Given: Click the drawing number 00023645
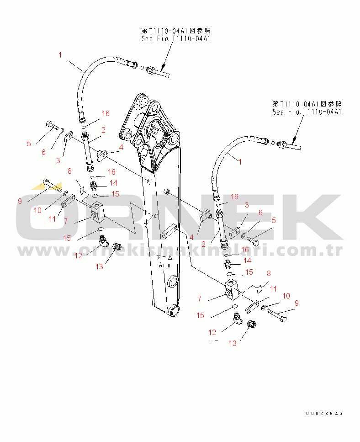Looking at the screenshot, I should click(x=324, y=413).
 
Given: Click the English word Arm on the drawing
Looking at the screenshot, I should click(x=164, y=265).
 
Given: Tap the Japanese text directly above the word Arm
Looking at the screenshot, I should click(x=164, y=257).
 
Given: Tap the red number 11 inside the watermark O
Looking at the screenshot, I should click(x=53, y=219).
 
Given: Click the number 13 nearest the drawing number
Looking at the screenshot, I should click(x=233, y=343).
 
